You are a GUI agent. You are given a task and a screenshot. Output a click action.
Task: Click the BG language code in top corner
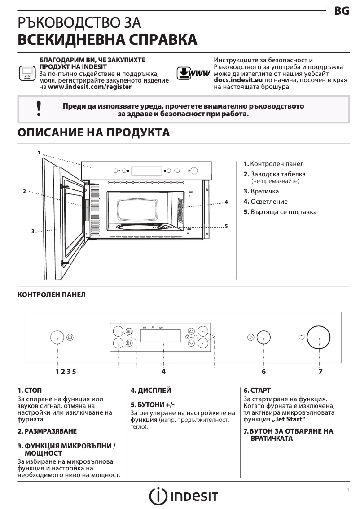[342, 12]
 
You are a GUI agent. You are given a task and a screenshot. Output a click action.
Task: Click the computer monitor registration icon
[27, 73]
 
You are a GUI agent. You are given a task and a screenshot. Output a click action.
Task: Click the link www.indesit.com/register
[90, 87]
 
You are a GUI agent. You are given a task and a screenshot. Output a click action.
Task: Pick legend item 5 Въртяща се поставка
[280, 212]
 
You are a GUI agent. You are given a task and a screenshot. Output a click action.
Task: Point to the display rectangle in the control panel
[161, 336]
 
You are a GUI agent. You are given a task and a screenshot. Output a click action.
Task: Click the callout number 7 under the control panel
[320, 371]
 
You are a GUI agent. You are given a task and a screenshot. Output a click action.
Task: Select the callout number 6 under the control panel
[263, 371]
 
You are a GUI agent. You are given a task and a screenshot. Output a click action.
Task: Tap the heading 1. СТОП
[30, 390]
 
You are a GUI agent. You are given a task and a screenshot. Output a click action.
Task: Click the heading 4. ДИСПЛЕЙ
[150, 390]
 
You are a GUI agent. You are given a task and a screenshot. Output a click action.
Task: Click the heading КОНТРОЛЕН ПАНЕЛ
[51, 295]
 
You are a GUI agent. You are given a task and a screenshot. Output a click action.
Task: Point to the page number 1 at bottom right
[348, 490]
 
